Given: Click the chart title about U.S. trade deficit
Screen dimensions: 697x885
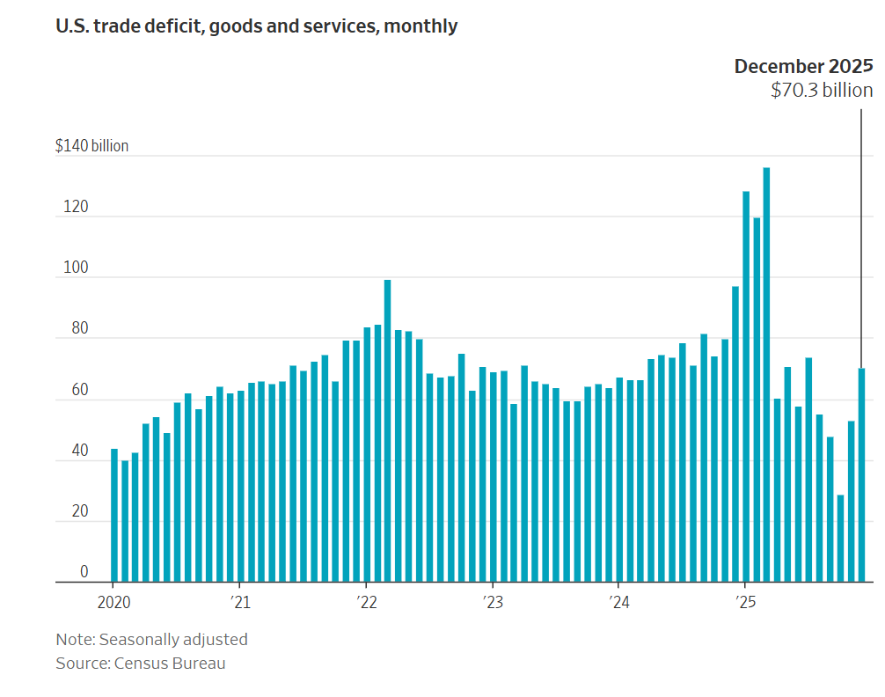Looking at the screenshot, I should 256,26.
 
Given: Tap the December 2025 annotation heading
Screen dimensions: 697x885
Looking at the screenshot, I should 803,66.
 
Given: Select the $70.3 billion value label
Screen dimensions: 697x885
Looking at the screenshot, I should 822,90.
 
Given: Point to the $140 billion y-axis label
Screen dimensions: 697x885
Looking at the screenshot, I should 91,146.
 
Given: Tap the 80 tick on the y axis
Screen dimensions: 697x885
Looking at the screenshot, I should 80,328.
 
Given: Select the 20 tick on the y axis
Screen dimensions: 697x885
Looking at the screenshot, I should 80,511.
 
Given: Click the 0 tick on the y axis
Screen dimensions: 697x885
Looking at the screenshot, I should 84,572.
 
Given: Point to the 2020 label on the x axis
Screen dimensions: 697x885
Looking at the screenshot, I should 113,603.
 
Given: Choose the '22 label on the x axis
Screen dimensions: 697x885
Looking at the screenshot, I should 366,603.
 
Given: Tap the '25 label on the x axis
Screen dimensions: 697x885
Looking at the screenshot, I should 745,603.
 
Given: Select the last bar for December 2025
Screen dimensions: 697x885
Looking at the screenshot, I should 861,475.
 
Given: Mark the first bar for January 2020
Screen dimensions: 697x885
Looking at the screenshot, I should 114,515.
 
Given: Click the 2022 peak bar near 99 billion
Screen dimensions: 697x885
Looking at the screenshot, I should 387,431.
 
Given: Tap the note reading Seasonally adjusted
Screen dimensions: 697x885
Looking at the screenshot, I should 151,640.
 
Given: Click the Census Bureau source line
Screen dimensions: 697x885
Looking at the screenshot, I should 141,664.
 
